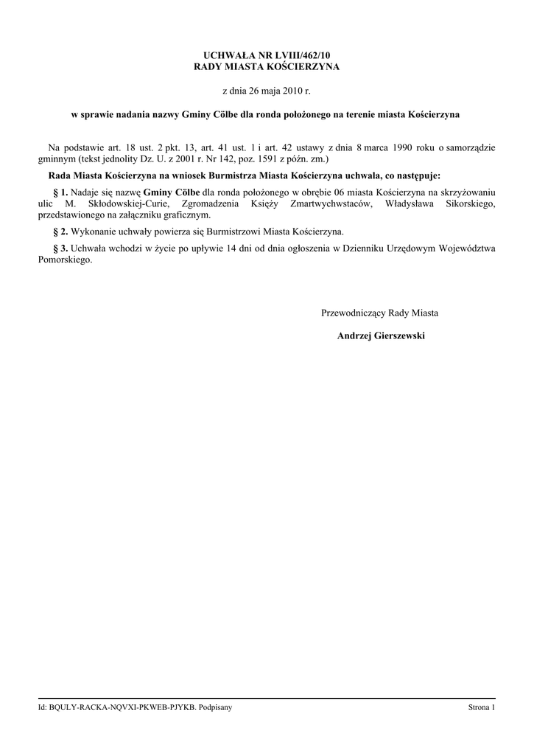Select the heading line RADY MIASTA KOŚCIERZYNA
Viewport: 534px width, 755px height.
tap(267, 67)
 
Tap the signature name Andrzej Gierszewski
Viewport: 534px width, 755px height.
tap(381, 335)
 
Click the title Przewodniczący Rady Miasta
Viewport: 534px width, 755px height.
tap(379, 313)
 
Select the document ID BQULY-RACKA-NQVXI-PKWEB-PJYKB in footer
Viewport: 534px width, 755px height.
tap(123, 708)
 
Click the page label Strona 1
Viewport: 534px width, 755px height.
tap(482, 708)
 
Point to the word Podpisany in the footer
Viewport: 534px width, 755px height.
tap(216, 708)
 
